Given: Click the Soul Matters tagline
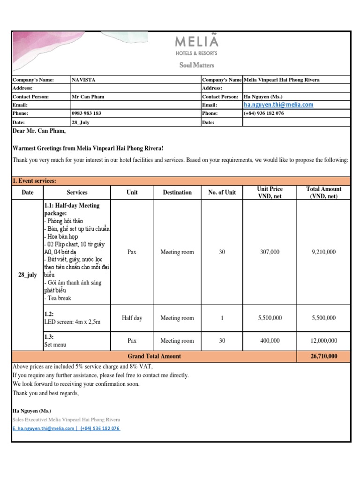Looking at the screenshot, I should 196,65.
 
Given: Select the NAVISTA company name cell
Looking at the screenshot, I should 83,80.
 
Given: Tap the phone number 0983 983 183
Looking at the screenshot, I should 86,113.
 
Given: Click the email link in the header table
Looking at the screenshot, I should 278,105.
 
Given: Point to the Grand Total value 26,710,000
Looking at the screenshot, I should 323,357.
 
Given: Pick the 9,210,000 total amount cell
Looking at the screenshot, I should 323,252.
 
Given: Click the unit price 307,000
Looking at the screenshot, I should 270,252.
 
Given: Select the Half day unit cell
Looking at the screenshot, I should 132,318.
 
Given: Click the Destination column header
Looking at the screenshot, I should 177,192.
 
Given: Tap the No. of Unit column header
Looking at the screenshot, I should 222,192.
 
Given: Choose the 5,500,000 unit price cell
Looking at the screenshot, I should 270,318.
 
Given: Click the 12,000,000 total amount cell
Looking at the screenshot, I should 323,341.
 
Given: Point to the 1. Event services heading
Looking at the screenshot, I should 35,181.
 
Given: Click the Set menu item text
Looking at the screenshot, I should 55,345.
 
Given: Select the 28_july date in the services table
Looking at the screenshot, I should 27,275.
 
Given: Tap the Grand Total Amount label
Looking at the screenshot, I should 154,357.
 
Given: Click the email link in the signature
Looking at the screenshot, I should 44,428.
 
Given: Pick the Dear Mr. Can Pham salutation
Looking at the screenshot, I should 39,131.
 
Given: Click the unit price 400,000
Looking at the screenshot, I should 270,341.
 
